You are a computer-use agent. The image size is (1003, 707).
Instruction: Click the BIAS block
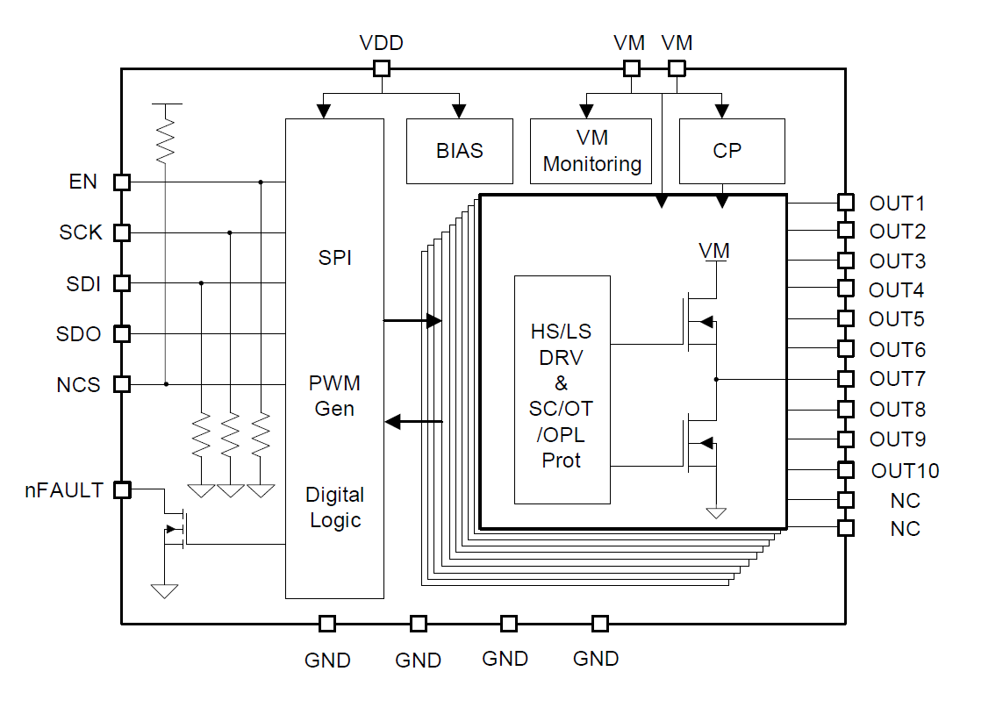(460, 151)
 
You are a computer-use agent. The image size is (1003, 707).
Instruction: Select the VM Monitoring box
(591, 151)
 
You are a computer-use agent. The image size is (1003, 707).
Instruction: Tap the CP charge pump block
(727, 151)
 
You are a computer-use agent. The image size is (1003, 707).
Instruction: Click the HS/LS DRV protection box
(562, 389)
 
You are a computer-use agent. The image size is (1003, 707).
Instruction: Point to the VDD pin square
(382, 68)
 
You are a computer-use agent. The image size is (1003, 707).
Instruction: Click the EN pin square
(122, 182)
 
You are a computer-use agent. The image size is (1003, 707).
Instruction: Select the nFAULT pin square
(122, 490)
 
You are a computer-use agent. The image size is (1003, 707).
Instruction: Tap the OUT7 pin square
(845, 379)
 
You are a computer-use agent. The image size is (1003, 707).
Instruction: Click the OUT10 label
(905, 471)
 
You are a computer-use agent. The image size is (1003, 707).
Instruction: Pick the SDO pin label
(78, 334)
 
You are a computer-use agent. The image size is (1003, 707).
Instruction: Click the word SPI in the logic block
(335, 259)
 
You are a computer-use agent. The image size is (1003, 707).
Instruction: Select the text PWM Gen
(335, 396)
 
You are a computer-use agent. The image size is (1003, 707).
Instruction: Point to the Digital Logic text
(335, 507)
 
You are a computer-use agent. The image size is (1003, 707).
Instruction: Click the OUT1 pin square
(845, 203)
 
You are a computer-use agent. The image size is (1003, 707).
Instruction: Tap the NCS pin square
(122, 384)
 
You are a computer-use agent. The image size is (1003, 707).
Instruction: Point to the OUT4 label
(897, 290)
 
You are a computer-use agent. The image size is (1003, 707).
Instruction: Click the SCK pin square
(122, 232)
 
